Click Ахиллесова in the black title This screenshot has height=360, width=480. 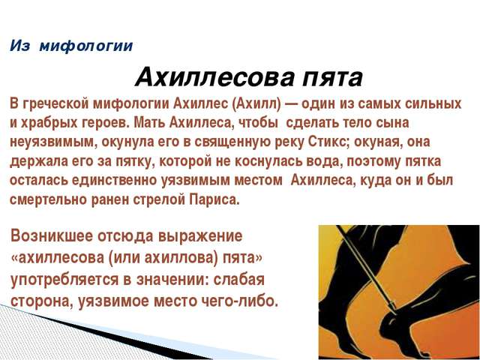(x=215, y=76)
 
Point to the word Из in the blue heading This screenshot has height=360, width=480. (x=20, y=46)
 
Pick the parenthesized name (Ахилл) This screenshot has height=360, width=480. (x=256, y=103)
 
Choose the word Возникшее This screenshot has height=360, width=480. (x=52, y=236)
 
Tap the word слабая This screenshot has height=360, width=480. (x=238, y=280)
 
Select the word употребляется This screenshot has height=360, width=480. (x=64, y=280)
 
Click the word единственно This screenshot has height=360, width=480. (x=114, y=181)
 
